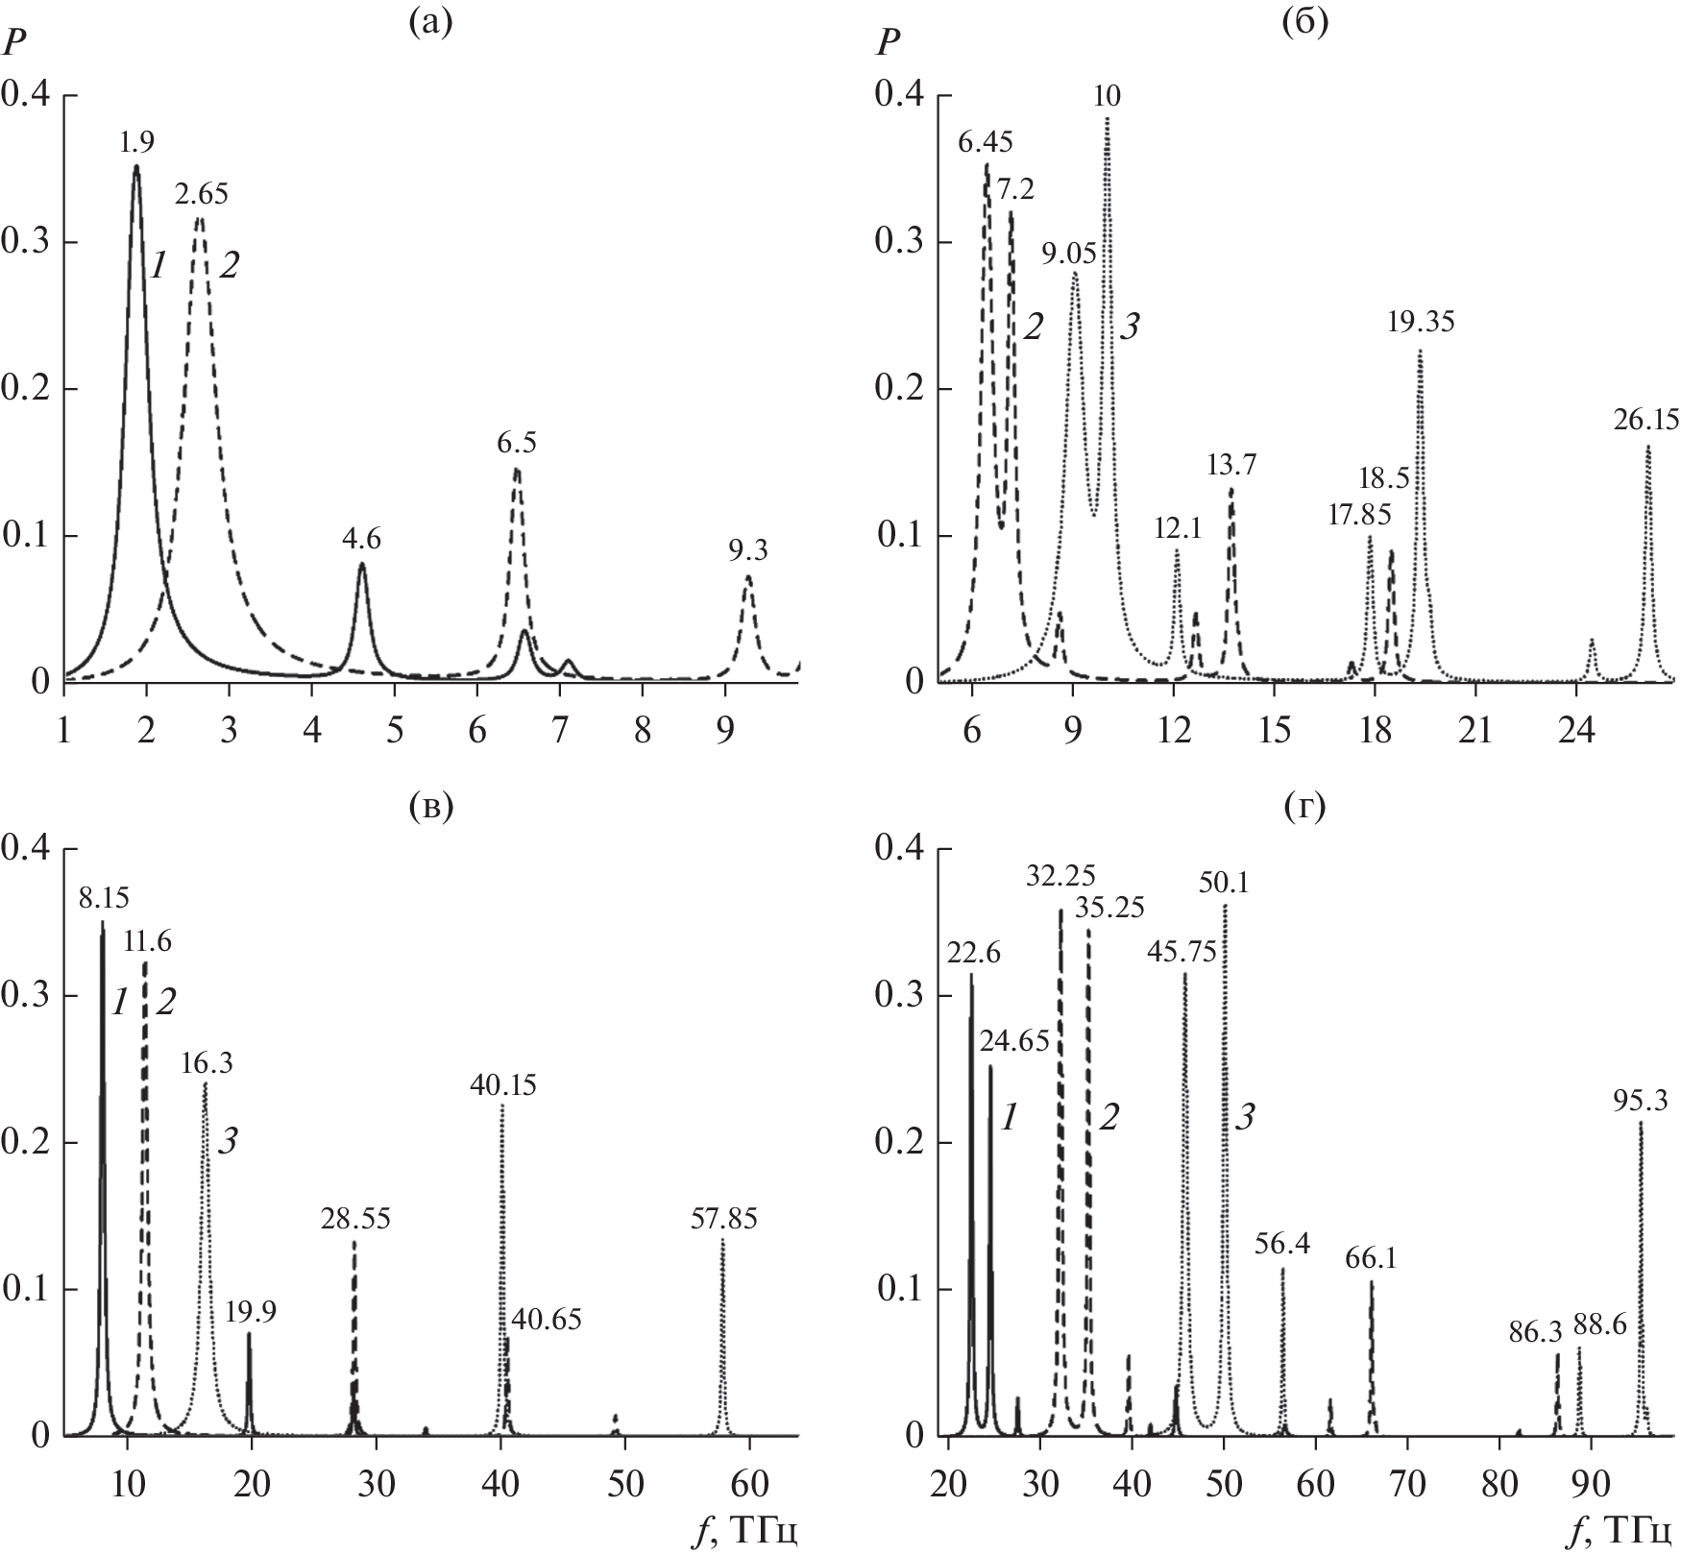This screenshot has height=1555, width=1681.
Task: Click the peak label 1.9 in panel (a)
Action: pyautogui.click(x=135, y=143)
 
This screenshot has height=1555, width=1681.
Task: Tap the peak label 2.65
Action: pyautogui.click(x=201, y=195)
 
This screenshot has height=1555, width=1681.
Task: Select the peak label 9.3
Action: pyautogui.click(x=748, y=550)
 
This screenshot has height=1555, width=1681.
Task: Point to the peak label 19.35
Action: pyautogui.click(x=1421, y=322)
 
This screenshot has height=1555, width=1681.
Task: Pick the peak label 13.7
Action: pyautogui.click(x=1232, y=466)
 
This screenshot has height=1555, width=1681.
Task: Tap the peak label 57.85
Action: pyautogui.click(x=723, y=1220)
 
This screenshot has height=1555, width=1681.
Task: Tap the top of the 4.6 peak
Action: pyautogui.click(x=362, y=564)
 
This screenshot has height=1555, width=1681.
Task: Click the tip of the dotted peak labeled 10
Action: pyautogui.click(x=1108, y=118)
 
